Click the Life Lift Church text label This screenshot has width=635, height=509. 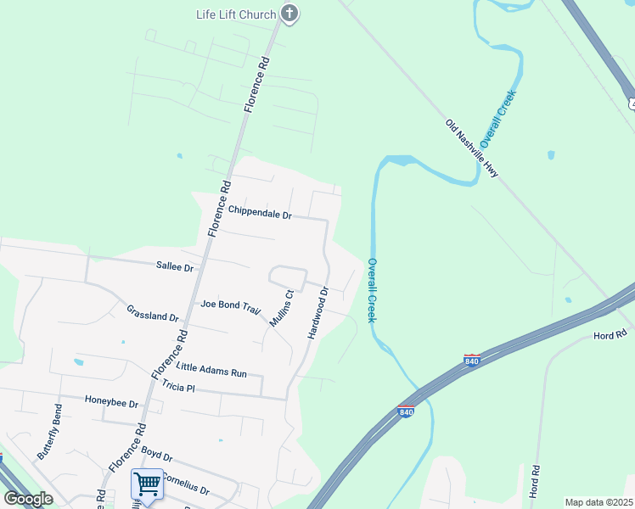click(236, 14)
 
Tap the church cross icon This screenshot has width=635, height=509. click(289, 13)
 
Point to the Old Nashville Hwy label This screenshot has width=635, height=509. click(471, 148)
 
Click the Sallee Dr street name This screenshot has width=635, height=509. click(175, 266)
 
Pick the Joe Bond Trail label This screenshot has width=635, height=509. click(230, 305)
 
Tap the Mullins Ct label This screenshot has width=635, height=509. click(281, 309)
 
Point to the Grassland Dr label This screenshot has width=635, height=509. click(152, 313)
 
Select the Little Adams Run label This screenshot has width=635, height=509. click(211, 368)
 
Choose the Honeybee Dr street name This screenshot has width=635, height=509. click(111, 401)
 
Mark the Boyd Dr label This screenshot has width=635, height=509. click(157, 456)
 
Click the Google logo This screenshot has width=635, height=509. click(29, 499)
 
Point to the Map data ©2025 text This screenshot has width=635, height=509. click(598, 502)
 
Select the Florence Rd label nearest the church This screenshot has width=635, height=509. click(257, 85)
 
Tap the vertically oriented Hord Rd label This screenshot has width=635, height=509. click(535, 481)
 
